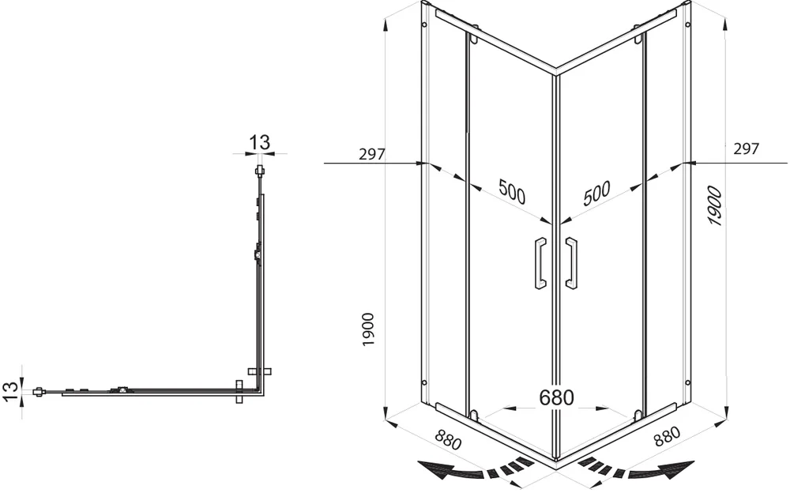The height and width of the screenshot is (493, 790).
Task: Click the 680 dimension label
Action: [556, 397]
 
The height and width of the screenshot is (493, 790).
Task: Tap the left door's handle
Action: [540, 262]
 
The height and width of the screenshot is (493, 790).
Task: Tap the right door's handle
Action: [571, 262]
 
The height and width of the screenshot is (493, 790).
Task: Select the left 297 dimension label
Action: [372, 154]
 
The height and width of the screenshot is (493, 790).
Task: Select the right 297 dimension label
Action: [746, 149]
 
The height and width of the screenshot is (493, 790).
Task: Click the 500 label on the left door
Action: [512, 191]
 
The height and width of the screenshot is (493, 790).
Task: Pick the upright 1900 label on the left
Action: [368, 329]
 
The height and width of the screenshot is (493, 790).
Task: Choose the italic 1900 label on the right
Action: [715, 205]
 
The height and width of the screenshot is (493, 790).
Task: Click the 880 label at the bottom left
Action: [448, 439]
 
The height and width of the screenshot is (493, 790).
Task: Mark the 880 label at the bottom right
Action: [667, 437]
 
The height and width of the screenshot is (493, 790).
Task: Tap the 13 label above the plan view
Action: [259, 142]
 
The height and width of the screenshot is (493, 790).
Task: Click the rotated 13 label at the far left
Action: [10, 392]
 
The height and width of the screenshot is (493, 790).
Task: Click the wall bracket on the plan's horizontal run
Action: [240, 391]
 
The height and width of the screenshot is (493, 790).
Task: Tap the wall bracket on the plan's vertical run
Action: [260, 371]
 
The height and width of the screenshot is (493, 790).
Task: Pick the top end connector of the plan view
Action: [259, 171]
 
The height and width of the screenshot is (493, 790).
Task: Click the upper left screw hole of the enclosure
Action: [424, 24]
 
